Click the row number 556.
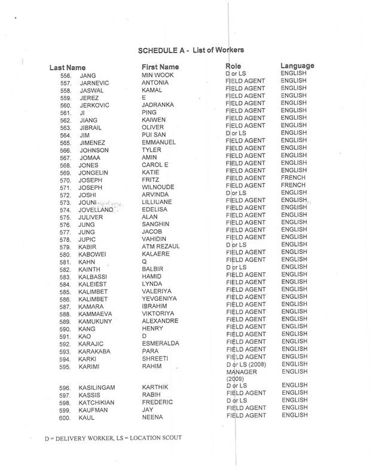tap(66, 76)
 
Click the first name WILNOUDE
tap(158, 187)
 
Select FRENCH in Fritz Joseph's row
tap(293, 178)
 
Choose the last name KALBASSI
tap(94, 278)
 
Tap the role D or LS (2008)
tap(247, 365)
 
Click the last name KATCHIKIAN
tap(97, 403)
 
